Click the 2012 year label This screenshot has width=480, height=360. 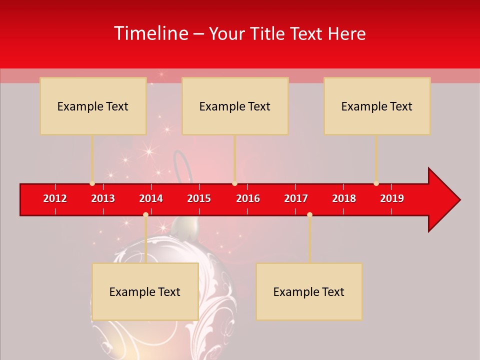point(55,198)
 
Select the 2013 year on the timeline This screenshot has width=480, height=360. point(103,198)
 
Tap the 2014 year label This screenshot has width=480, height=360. point(151,198)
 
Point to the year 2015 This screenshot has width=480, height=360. point(199,198)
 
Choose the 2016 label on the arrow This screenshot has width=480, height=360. point(248,198)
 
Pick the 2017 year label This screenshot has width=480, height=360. point(296,198)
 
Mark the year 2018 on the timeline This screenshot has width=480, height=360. point(344,198)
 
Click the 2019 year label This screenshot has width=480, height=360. point(392,198)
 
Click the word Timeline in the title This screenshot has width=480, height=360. point(150,33)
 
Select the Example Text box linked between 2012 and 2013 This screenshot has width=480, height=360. point(93,106)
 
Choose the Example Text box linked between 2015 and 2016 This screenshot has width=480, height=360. point(235,106)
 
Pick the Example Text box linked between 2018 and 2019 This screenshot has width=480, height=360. point(377,106)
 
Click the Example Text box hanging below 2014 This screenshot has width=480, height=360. point(145,291)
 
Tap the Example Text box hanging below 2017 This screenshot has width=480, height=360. point(309,291)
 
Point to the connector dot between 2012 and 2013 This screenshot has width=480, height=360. point(92,183)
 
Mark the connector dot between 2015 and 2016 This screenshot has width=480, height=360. point(234,183)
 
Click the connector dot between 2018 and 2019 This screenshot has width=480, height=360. point(376,183)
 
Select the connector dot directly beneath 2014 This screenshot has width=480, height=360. point(145,214)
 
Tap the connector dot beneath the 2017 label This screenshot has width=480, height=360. point(309,214)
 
